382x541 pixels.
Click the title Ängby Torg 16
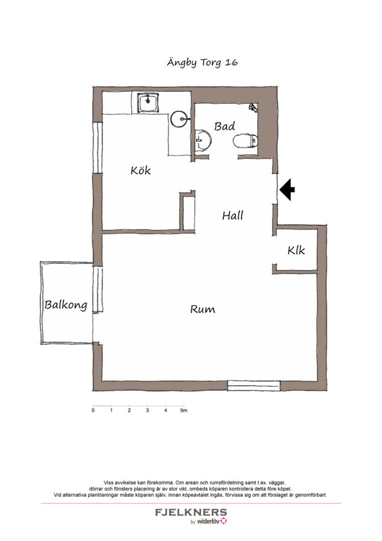[202, 63]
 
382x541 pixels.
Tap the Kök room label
[141, 170]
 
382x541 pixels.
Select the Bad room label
[224, 126]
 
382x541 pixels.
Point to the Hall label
[233, 215]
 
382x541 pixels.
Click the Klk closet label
[296, 250]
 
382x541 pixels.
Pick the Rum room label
[203, 309]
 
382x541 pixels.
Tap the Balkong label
[66, 305]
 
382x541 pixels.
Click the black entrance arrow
[287, 189]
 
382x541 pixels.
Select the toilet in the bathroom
[246, 141]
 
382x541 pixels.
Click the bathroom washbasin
[203, 140]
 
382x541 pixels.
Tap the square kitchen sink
[148, 103]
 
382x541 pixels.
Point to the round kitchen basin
[180, 119]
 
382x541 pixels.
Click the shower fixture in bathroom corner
[253, 107]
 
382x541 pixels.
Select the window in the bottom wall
[254, 385]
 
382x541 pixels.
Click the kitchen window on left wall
[98, 148]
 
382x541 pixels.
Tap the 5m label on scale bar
[184, 411]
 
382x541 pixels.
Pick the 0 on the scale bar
[93, 411]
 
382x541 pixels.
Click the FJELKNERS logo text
[191, 512]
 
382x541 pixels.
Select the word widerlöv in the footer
[208, 521]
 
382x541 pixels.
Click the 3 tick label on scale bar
[148, 411]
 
